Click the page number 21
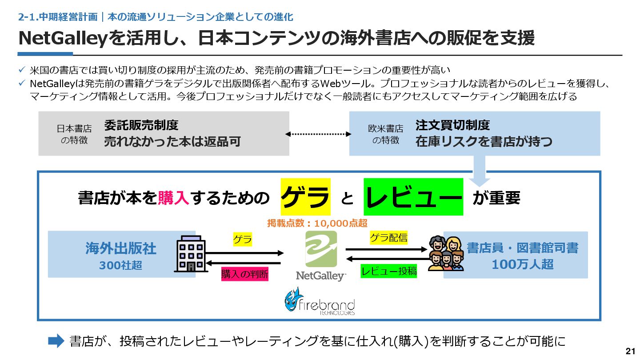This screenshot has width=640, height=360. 630,351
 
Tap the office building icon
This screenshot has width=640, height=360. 191,253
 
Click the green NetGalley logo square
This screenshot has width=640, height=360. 321,249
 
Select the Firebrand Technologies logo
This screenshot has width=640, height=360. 320,301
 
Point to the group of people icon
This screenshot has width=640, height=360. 446,253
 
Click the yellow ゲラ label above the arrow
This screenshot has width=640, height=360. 242,240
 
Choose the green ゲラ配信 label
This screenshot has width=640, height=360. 388,238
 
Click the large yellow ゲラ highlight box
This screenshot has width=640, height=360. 306,197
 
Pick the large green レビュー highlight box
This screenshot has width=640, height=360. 413,197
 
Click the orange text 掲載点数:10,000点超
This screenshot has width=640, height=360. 317,224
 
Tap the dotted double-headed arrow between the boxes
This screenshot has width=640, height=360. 319,134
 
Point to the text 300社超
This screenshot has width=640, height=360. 120,265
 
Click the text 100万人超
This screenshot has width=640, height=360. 522,264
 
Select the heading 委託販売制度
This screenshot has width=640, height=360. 141,125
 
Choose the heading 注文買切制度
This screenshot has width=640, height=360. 452,125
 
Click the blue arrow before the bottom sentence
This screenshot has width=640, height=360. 56,341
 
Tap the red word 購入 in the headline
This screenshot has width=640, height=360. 174,198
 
